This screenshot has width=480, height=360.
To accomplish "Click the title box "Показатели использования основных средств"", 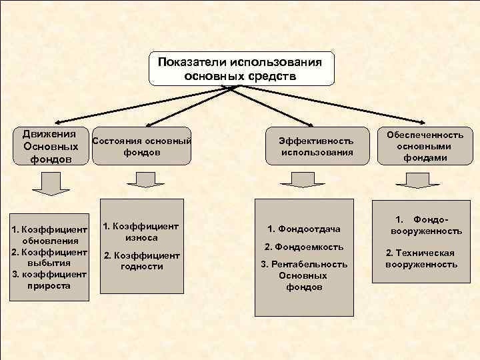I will (241, 68).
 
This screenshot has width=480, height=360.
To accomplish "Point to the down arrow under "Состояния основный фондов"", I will (141, 179).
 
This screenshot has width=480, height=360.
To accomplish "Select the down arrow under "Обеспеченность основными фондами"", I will (406, 179).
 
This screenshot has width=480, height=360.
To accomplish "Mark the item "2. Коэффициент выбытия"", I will (51, 257).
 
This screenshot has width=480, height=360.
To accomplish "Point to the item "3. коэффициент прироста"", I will (51, 280).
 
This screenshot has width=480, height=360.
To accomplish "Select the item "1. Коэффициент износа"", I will (141, 231).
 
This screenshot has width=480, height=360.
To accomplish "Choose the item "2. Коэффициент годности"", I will (141, 261).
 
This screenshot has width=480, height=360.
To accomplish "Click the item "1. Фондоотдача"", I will (303, 229).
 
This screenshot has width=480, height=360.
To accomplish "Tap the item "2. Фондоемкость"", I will (303, 247).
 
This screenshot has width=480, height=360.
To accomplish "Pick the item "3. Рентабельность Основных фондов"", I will (303, 275).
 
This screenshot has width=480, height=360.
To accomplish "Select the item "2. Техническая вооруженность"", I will (421, 259).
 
